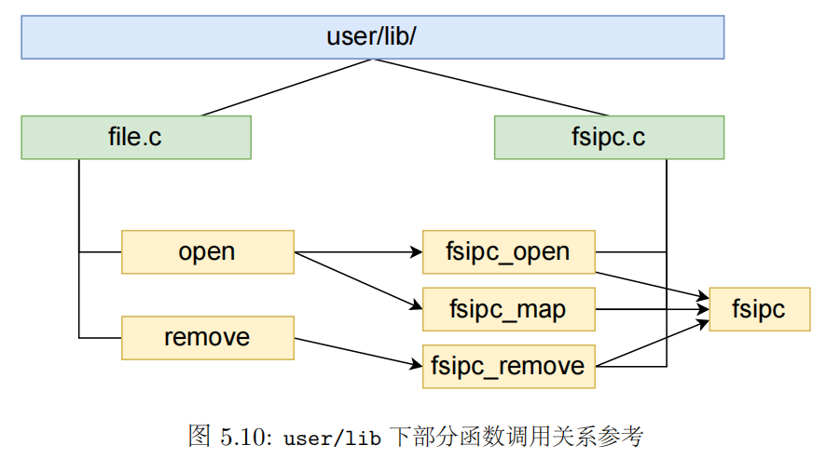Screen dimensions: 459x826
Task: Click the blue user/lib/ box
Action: (x=373, y=37)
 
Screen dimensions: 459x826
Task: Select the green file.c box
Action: (x=136, y=138)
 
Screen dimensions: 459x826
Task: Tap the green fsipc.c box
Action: (x=609, y=138)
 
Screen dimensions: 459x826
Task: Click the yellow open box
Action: (x=207, y=252)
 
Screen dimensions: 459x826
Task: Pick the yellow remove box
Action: (x=207, y=337)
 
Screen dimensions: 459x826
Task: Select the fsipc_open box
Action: (x=508, y=252)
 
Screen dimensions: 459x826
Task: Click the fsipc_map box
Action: (x=508, y=309)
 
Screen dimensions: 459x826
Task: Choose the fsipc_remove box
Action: (x=508, y=366)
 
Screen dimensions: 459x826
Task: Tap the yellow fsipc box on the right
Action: (x=759, y=309)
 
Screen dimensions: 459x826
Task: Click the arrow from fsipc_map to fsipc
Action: (x=652, y=309)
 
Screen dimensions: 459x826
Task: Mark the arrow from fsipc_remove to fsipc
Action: (x=652, y=344)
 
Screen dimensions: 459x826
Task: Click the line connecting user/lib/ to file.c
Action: (x=287, y=88)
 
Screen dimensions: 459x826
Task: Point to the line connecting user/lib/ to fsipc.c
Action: (x=466, y=88)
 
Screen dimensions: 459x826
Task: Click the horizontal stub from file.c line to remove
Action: (x=100, y=337)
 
